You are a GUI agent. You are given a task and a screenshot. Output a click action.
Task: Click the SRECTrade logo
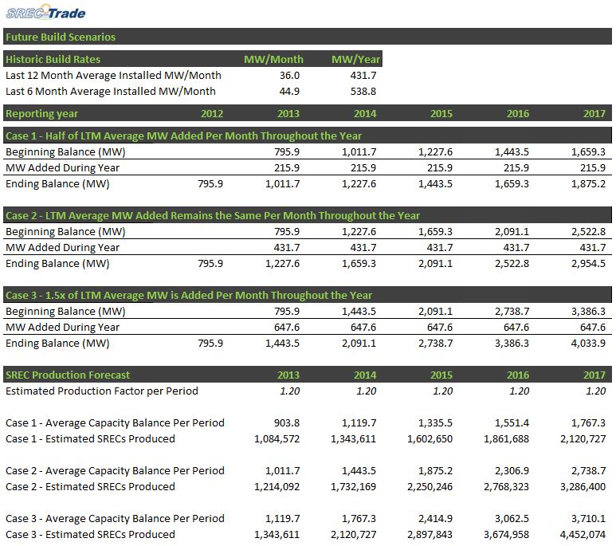pos(45,12)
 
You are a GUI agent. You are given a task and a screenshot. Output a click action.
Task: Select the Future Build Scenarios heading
pos(61,37)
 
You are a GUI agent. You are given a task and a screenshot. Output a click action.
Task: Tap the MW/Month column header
pos(273,59)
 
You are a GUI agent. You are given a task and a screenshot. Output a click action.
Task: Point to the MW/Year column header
pos(355,59)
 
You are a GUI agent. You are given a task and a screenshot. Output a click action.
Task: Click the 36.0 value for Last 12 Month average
pos(289,75)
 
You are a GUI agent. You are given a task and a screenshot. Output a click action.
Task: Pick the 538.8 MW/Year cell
pos(363,91)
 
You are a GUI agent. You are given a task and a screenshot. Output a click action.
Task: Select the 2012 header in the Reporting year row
pos(212,114)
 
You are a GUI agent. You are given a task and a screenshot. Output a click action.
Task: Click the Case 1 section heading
pos(183,136)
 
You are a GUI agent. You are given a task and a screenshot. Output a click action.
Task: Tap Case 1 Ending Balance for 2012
pos(210,183)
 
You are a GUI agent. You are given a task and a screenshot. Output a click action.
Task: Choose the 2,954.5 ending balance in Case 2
pos(588,263)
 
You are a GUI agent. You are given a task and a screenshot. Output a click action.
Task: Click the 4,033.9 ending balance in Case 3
pos(588,344)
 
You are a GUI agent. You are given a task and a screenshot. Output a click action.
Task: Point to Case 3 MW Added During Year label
pos(62,327)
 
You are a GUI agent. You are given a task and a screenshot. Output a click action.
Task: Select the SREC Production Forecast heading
pos(68,375)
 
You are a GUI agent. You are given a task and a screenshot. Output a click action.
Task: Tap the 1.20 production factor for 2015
pos(443,391)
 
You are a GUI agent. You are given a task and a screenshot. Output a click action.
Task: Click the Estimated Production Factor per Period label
pos(102,391)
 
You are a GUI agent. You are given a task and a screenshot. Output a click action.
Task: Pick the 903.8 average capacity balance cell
pos(287,423)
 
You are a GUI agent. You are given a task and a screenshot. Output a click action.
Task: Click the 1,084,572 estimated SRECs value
pos(277,439)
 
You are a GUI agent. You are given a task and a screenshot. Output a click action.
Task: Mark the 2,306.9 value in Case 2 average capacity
pos(512,471)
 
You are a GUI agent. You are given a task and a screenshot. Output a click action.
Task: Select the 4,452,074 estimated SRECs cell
pos(583,535)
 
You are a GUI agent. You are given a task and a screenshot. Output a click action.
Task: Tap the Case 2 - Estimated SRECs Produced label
pos(90,487)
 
